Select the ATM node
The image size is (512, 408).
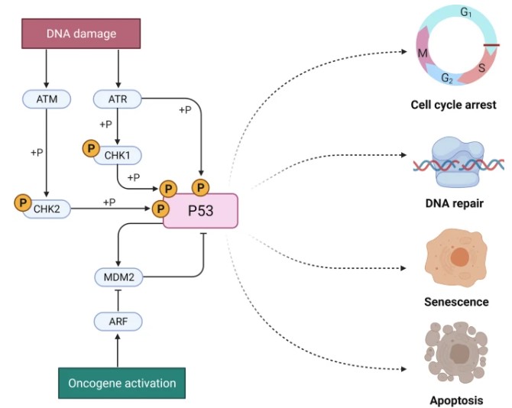[x=47, y=99]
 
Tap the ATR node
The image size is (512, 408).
[x=117, y=99]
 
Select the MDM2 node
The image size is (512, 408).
[x=118, y=277]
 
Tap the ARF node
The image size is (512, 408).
[x=118, y=321]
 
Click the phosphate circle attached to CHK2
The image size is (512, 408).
[x=23, y=203]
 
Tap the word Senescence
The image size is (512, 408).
[x=456, y=301]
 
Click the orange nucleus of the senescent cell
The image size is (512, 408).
[x=459, y=258]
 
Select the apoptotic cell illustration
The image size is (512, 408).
[x=459, y=353]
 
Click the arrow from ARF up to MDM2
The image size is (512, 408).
[x=118, y=299]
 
